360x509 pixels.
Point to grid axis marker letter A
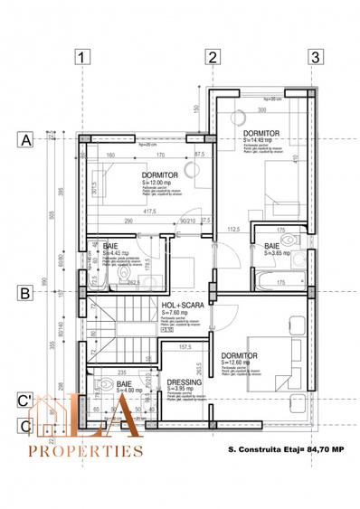click(26, 140)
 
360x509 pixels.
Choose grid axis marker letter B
click(26, 292)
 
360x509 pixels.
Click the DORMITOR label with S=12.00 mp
click(159, 175)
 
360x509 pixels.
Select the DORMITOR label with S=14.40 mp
click(261, 132)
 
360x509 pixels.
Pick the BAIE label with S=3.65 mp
click(272, 246)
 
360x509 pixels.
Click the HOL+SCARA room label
click(179, 306)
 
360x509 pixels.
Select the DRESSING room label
click(185, 382)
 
